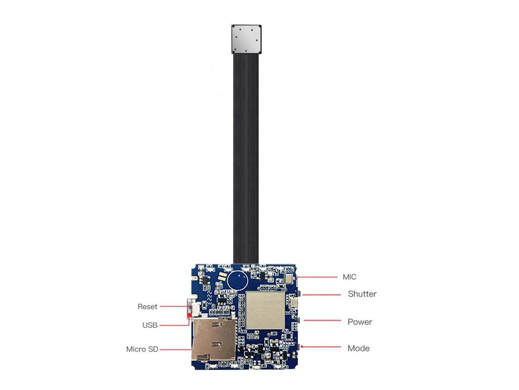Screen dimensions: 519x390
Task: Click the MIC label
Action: tap(349, 277)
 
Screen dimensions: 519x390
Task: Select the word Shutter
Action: tap(362, 294)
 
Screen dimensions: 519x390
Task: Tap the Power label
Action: tap(360, 322)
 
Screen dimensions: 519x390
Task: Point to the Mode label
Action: tap(358, 348)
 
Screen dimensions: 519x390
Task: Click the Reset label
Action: tap(147, 307)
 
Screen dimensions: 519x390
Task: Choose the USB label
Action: tap(150, 325)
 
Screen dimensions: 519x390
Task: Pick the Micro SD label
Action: tap(142, 349)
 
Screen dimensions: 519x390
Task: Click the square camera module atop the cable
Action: tap(247, 39)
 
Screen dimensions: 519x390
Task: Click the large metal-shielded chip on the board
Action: tap(265, 310)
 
